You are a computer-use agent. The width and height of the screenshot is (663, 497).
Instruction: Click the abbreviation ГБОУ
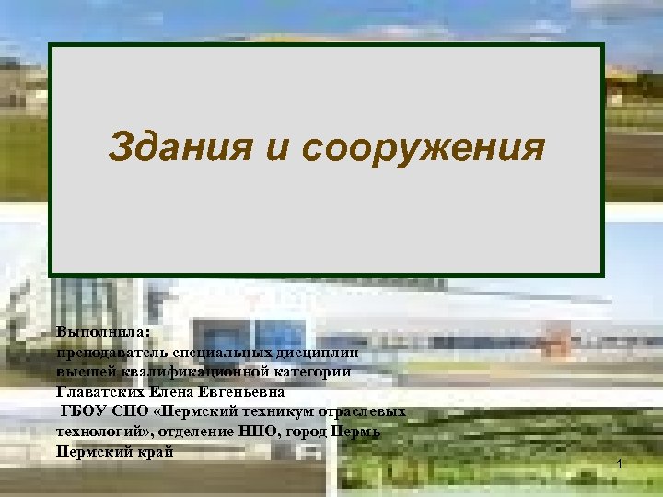point(83,411)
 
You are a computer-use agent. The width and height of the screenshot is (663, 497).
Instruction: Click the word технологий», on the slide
point(105,432)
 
